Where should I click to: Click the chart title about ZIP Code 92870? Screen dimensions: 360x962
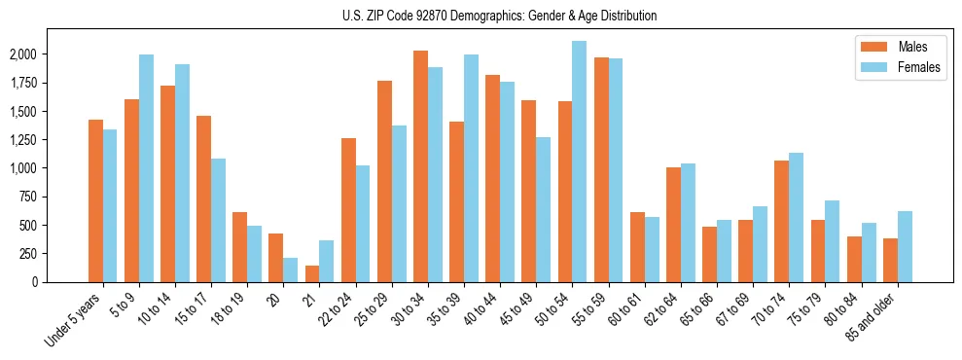[499, 16]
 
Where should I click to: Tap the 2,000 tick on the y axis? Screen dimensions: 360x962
[23, 54]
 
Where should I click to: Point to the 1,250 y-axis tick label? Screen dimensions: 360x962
[23, 140]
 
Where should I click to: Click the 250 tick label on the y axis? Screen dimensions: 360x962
[29, 253]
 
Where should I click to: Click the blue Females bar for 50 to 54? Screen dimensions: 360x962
[579, 162]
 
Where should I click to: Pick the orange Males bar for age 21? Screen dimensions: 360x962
[312, 273]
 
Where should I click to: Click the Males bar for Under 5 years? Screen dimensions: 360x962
[95, 200]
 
